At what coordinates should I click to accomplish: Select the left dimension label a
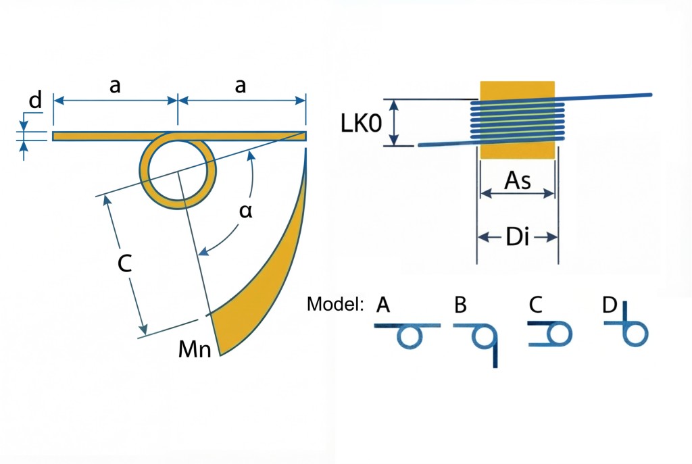tap(116, 86)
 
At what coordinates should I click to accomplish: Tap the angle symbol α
tap(246, 211)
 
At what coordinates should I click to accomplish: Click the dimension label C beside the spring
tap(124, 265)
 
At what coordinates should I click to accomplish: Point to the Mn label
tap(195, 349)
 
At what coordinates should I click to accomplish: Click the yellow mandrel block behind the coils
tap(517, 91)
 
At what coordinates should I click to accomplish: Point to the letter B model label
tap(460, 305)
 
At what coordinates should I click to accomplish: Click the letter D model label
tap(610, 305)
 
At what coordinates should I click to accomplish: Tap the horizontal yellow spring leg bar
tap(101, 136)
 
